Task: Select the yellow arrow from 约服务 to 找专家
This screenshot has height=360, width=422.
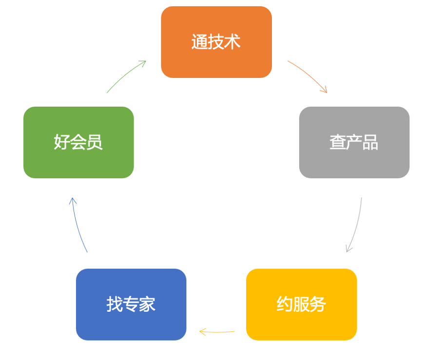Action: (217, 332)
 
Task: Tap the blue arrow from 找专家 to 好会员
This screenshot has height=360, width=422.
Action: (77, 225)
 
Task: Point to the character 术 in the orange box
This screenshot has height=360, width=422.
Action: (232, 42)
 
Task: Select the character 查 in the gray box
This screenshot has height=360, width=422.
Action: (337, 142)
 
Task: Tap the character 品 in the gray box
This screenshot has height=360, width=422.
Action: (370, 142)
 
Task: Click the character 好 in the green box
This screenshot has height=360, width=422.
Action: (62, 142)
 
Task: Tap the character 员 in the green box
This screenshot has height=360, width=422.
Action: (95, 142)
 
